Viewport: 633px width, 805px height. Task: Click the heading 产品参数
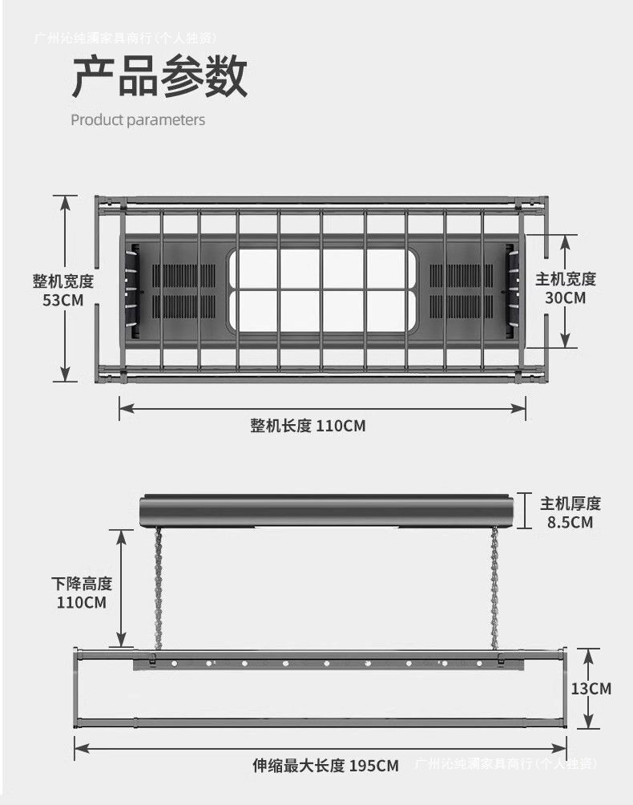pos(159,77)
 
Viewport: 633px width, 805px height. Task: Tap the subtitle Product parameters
pos(138,120)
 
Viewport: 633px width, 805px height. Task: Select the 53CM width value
pos(63,300)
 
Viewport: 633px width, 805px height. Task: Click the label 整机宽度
pos(63,281)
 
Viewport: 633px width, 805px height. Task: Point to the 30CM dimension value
pos(566,297)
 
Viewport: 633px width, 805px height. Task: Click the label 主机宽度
pos(566,279)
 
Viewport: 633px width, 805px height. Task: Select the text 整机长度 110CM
pos(308,426)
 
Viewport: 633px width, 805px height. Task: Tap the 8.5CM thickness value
pos(570,522)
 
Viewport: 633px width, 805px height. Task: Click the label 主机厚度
pos(570,504)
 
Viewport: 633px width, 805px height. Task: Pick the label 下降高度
pos(82,584)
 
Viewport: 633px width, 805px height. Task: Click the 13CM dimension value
pos(591,688)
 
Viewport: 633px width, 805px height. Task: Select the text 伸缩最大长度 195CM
pos(325,766)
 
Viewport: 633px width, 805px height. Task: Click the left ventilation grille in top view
pos(183,290)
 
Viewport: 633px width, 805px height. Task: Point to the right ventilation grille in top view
pos(461,290)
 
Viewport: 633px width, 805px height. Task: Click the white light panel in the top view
pos(322,290)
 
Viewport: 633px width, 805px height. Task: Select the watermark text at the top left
pos(126,37)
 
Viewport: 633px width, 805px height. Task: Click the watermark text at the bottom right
pos(506,763)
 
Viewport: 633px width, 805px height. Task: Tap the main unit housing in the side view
pos(325,510)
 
